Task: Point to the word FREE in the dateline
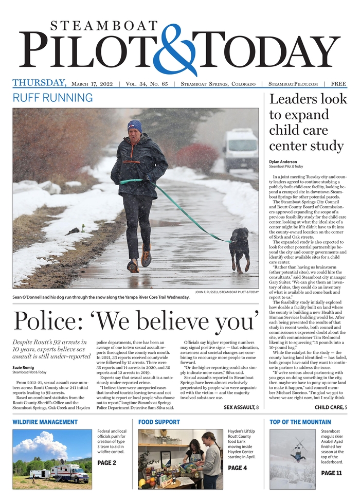[338, 84]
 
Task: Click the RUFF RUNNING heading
[52, 98]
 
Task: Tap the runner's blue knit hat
[135, 126]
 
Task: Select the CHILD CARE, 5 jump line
[331, 407]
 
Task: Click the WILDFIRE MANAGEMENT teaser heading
[45, 422]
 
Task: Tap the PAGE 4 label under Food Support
[238, 468]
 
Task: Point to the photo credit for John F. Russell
[227, 292]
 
